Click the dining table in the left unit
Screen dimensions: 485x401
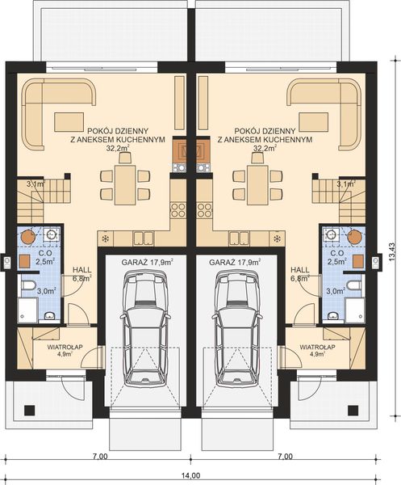click(x=122, y=183)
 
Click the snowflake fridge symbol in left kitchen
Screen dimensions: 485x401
click(x=104, y=238)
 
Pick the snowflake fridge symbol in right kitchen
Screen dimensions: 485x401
click(x=278, y=238)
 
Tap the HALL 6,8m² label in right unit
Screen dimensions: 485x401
click(x=301, y=274)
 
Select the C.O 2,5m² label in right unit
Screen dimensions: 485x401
click(x=337, y=257)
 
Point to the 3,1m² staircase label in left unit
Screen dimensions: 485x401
click(x=35, y=185)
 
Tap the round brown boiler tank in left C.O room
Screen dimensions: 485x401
click(x=28, y=237)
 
